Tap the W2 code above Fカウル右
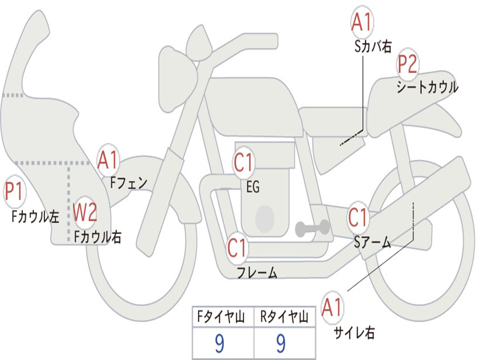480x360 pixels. tap(85, 213)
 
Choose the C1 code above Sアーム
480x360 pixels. tap(359, 217)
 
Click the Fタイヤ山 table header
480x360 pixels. tap(223, 318)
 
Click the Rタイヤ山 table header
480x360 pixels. tap(284, 318)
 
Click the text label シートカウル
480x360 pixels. tap(427, 87)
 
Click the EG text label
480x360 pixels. tap(253, 187)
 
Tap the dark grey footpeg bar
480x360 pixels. tap(312, 228)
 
